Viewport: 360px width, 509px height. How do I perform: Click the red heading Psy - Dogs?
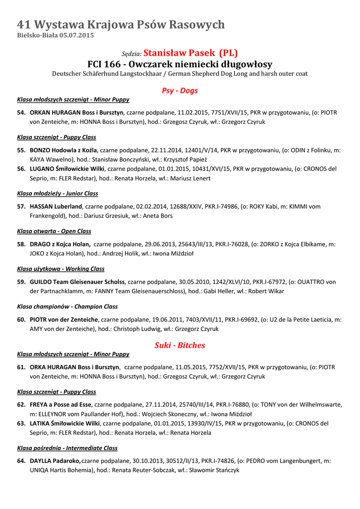coord(180,90)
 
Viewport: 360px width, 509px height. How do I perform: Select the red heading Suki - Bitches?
coord(180,345)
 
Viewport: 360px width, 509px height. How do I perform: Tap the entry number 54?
coord(21,113)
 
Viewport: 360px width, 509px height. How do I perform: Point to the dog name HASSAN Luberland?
coord(56,206)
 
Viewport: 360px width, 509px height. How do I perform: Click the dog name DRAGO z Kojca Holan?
coord(60,244)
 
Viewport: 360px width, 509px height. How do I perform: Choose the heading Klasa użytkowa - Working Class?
coord(61,269)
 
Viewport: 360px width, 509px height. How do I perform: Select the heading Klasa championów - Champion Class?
coord(67,307)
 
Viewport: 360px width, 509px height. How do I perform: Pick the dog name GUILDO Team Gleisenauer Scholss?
coord(77,282)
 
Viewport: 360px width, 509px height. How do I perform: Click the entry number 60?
coord(21,320)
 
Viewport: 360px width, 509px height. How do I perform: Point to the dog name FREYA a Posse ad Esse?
coord(61,405)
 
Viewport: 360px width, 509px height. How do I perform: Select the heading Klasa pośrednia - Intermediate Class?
coord(67,448)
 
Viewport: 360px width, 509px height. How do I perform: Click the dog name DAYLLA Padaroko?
coord(55,461)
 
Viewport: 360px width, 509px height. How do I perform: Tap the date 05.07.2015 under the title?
coord(77,36)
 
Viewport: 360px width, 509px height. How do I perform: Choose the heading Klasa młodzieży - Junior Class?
coord(57,193)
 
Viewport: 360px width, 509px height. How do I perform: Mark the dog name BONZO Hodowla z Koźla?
coord(64,150)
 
